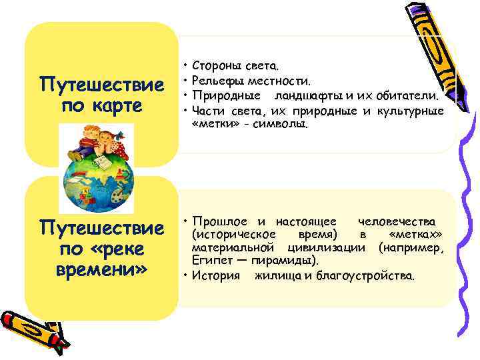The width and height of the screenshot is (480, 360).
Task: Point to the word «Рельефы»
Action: tap(217, 81)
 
